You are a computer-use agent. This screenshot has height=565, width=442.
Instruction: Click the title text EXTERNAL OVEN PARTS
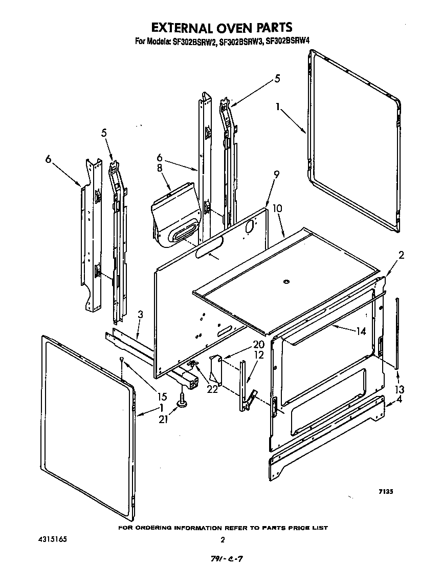tap(221, 27)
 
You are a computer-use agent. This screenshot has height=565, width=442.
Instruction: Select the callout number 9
tap(276, 175)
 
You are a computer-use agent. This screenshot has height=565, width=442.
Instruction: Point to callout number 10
tap(277, 209)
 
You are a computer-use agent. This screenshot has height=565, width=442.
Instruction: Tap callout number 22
tap(211, 389)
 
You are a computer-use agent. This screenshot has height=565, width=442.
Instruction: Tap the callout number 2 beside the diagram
tap(401, 255)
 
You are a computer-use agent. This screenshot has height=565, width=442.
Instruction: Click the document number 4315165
tap(52, 539)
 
